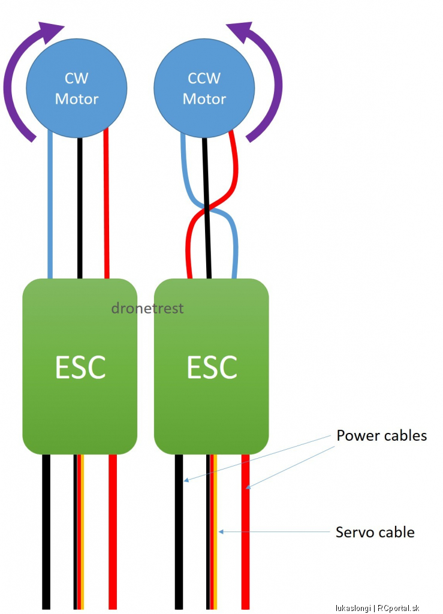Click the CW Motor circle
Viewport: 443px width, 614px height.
pos(77,88)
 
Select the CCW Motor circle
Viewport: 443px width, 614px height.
pos(204,88)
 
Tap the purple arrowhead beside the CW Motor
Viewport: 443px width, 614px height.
pos(50,31)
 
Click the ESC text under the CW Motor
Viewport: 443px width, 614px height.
pos(80,368)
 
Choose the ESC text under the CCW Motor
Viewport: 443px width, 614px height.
pos(212,368)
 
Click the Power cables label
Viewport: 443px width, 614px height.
pos(382,435)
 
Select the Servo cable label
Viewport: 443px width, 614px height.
pos(375,532)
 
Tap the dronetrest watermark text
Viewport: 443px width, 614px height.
pos(147,308)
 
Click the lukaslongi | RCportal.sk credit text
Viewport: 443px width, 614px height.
pos(377,608)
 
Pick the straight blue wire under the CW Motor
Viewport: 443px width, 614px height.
pos(50,204)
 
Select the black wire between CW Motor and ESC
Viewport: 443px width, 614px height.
pos(80,208)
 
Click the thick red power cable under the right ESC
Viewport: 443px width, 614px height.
pos(245,532)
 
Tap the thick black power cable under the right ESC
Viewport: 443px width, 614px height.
pos(179,532)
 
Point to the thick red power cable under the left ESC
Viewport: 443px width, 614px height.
pos(113,532)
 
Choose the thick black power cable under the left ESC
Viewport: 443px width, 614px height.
pos(46,532)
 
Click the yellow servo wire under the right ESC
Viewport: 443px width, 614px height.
pos(215,532)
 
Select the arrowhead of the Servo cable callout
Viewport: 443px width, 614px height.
pos(221,532)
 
